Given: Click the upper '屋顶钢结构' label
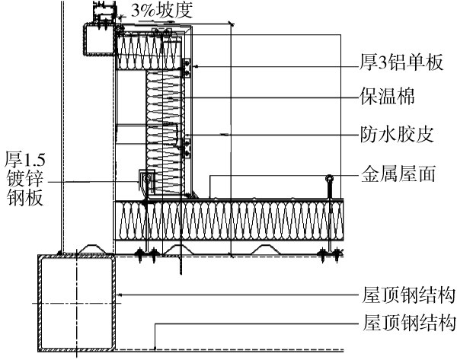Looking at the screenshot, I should (x=409, y=295).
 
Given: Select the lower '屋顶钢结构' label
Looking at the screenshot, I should (x=409, y=322).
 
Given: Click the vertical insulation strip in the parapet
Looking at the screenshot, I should (x=165, y=129).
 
